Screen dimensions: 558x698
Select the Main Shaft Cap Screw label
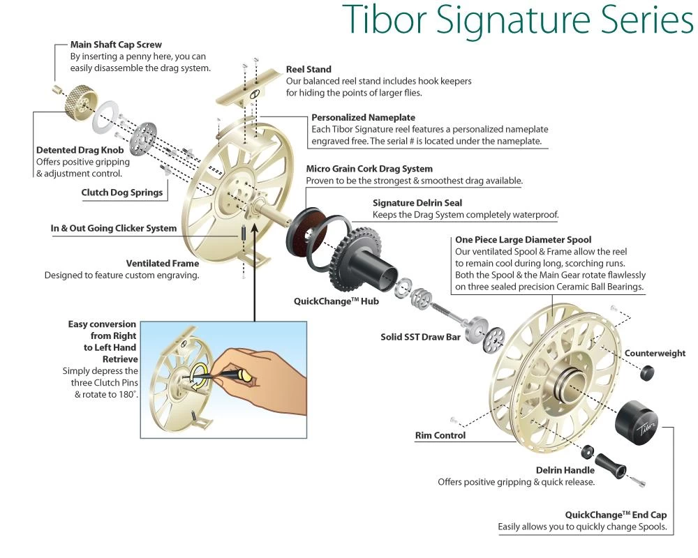click(x=116, y=45)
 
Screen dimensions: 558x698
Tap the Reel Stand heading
click(x=309, y=70)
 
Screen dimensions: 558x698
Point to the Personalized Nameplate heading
click(x=363, y=117)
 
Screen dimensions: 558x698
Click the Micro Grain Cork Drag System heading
click(x=369, y=169)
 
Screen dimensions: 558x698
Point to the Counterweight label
click(x=655, y=353)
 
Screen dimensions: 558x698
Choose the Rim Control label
click(x=440, y=435)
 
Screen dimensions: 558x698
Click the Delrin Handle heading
click(x=565, y=470)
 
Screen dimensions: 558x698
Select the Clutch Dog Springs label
click(x=122, y=193)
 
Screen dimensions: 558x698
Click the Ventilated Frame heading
click(x=163, y=264)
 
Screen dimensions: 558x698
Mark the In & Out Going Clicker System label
click(x=114, y=228)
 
